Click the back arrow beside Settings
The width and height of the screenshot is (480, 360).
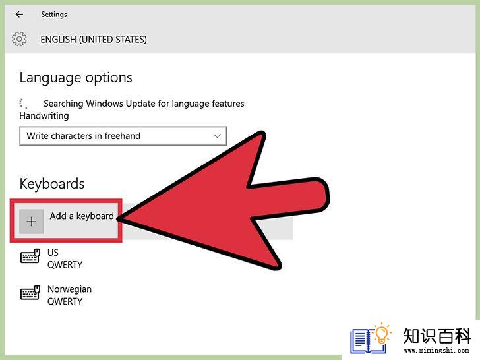pyautogui.click(x=19, y=14)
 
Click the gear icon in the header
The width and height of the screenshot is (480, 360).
pyautogui.click(x=19, y=39)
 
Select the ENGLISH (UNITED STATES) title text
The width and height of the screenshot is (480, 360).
pyautogui.click(x=94, y=40)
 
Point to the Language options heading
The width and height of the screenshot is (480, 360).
pyautogui.click(x=76, y=78)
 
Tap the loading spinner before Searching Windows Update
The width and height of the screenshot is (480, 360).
pyautogui.click(x=23, y=104)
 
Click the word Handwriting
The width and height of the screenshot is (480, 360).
pyautogui.click(x=44, y=116)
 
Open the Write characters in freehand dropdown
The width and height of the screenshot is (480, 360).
pyautogui.click(x=123, y=136)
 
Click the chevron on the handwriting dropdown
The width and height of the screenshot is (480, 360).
pyautogui.click(x=217, y=136)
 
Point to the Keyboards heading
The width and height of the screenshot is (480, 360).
pyautogui.click(x=52, y=184)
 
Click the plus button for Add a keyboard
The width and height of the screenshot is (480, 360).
pyautogui.click(x=32, y=222)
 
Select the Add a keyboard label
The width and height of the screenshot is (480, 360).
pyautogui.click(x=82, y=216)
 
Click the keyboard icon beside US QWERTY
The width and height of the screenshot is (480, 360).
pyautogui.click(x=30, y=256)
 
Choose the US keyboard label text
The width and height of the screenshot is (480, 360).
pyautogui.click(x=53, y=253)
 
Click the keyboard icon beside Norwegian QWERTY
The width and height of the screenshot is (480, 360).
pyautogui.click(x=30, y=292)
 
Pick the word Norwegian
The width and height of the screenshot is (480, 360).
pyautogui.click(x=69, y=289)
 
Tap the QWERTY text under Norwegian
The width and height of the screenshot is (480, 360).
pyautogui.click(x=65, y=301)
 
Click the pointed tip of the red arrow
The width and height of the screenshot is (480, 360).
pyautogui.click(x=117, y=219)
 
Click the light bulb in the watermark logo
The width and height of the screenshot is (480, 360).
pyautogui.click(x=382, y=334)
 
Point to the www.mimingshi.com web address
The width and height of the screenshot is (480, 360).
pyautogui.click(x=436, y=350)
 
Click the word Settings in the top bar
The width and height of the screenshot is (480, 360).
pyautogui.click(x=54, y=15)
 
